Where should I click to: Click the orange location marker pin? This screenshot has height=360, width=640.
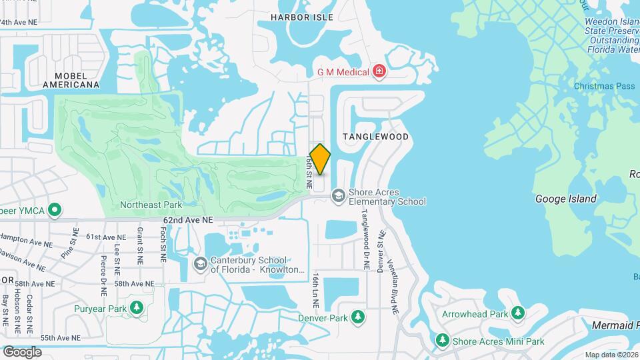click(x=321, y=159)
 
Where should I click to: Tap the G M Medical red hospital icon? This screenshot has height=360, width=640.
click(x=379, y=71)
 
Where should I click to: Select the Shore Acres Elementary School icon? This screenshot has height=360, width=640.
click(x=339, y=195)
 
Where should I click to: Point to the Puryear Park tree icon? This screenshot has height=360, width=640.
click(x=137, y=308)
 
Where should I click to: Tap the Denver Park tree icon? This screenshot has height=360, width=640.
click(x=358, y=317)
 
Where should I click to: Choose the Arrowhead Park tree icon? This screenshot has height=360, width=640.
click(x=518, y=313)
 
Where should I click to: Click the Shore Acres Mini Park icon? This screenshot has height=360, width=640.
click(x=442, y=341)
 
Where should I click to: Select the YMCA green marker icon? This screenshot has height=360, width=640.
click(x=57, y=211)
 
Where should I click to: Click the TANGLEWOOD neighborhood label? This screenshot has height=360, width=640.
click(x=375, y=136)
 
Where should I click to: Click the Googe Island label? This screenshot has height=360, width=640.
click(x=566, y=199)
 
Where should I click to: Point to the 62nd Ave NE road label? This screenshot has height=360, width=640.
click(x=188, y=219)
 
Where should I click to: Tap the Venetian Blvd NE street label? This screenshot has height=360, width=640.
click(x=395, y=291)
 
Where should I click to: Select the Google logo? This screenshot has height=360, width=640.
click(x=22, y=351)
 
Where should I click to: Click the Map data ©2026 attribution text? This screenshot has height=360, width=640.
click(x=611, y=355)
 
